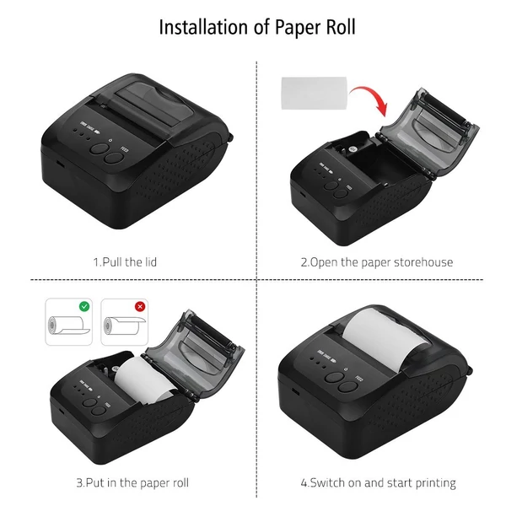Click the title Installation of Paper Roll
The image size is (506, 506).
(x=257, y=27)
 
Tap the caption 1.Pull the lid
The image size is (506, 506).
(x=125, y=262)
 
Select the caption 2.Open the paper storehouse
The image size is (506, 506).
(x=377, y=262)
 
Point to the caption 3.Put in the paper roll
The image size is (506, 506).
(x=132, y=482)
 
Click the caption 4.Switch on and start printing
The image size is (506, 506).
(x=378, y=483)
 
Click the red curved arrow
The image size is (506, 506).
(x=371, y=98)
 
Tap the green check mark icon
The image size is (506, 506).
(x=84, y=306)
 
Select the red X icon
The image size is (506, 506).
(x=140, y=306)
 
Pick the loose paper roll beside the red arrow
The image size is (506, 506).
(x=315, y=93)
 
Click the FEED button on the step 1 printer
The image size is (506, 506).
(x=114, y=158)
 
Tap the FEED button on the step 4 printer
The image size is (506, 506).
(x=348, y=387)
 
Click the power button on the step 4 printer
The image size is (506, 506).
(x=334, y=377)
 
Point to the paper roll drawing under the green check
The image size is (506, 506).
(x=68, y=326)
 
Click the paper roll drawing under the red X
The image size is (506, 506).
(x=124, y=326)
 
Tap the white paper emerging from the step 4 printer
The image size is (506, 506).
(x=385, y=340)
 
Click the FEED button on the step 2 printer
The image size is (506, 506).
(x=341, y=194)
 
